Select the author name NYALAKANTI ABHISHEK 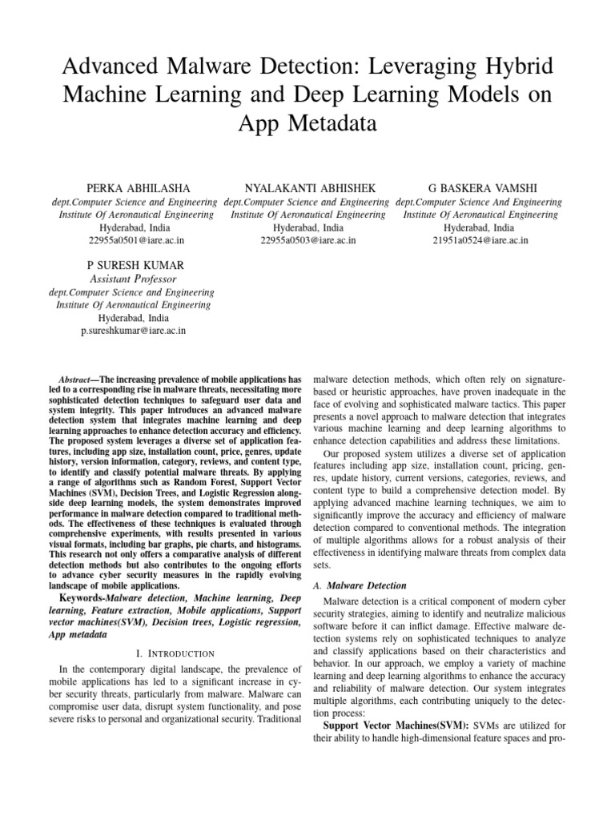tap(307, 187)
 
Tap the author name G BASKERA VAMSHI tap(480, 187)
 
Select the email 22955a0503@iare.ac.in tap(308, 239)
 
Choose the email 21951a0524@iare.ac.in tap(480, 239)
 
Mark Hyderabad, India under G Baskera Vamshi tap(480, 227)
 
